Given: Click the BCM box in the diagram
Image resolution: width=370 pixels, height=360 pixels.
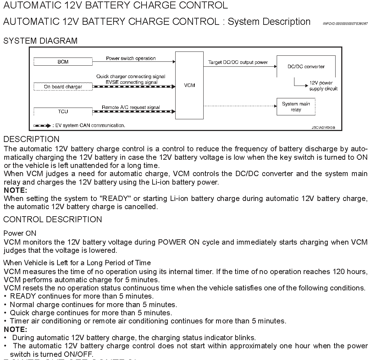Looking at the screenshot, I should [x=63, y=62].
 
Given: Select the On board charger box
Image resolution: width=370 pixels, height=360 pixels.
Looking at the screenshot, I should [x=63, y=87].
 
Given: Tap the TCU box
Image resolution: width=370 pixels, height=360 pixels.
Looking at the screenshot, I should [x=63, y=111].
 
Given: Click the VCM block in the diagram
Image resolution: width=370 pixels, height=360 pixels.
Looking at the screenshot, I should [x=189, y=85].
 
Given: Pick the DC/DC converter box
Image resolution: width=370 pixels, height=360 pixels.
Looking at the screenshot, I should [x=306, y=66].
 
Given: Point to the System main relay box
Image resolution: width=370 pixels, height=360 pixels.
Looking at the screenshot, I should [x=296, y=107].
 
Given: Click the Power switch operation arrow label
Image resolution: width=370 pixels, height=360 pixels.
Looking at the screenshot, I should [x=131, y=58].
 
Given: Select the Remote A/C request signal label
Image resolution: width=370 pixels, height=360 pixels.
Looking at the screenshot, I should [x=131, y=107].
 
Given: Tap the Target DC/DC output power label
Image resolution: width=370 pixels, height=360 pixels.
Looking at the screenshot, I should [x=238, y=62].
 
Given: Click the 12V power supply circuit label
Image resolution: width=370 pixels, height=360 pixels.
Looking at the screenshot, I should [x=323, y=86].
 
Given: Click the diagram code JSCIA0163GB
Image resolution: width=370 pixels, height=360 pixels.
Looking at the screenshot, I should [x=323, y=127].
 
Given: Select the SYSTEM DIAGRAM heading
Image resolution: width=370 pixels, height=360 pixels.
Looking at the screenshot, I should [x=40, y=41].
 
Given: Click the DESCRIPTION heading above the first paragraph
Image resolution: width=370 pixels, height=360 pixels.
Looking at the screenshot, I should [x=31, y=139].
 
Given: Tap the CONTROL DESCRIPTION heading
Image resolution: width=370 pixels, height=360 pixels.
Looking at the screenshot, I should [x=53, y=219].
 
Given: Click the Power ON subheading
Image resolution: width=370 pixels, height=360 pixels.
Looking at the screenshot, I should [x=20, y=233].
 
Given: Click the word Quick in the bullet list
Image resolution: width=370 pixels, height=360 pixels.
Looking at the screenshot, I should [x=20, y=313].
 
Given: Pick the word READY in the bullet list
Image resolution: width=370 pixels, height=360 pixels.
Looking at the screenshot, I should [x=23, y=296].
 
